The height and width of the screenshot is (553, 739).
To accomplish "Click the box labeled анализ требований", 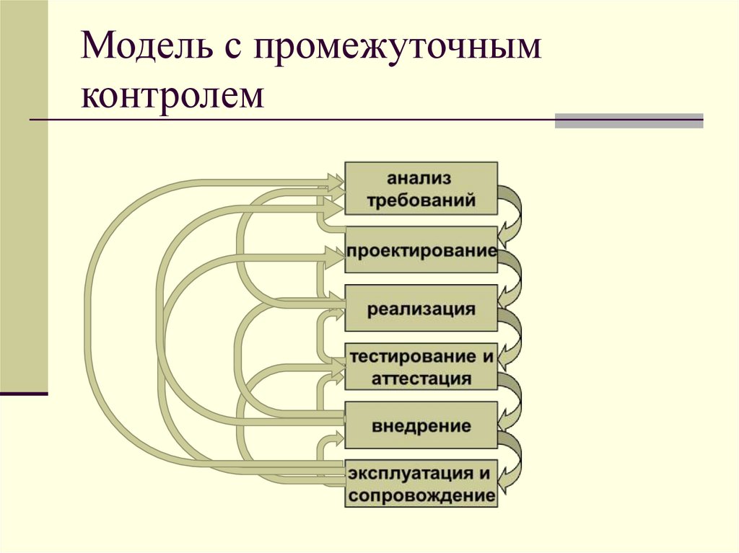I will tap(421, 188).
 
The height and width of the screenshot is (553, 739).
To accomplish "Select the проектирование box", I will tap(421, 250).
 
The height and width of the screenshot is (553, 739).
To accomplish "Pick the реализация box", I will tap(421, 309).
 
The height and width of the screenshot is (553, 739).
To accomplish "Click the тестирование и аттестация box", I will tap(421, 367).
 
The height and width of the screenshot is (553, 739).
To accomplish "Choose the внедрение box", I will tap(421, 425).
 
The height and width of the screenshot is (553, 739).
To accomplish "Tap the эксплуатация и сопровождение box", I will tap(421, 484).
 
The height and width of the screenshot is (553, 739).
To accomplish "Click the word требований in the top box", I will tap(421, 200).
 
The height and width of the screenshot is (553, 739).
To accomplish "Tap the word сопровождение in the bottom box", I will tap(421, 496).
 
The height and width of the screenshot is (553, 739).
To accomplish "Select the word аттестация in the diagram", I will tap(421, 379).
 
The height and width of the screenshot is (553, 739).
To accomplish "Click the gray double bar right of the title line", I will tap(629, 120).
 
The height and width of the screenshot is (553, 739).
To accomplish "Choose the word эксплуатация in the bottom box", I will tap(405, 473).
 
